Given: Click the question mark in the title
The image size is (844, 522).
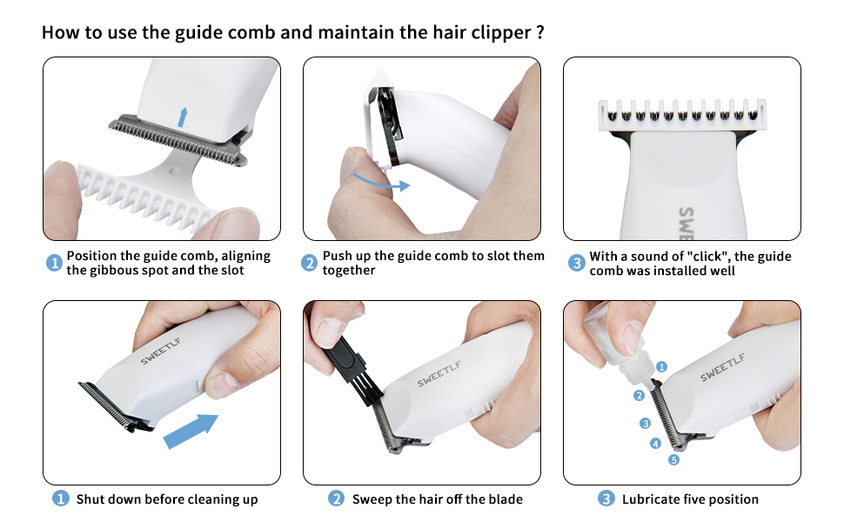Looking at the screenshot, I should point(540,33).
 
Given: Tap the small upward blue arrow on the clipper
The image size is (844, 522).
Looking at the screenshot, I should point(181,117).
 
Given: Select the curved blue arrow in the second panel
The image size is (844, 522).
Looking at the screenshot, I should point(381,180).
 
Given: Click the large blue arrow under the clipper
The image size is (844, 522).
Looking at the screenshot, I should point(191,430).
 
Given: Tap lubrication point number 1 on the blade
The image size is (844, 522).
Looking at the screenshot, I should point(661,367).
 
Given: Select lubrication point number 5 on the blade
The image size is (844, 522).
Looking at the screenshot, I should point(673,459).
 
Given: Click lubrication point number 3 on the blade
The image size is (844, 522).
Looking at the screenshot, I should point(646,424).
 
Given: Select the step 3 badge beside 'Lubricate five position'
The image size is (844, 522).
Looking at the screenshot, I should point(606,499).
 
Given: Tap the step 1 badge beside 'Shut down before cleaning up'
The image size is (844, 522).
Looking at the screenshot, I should point(60,499).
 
